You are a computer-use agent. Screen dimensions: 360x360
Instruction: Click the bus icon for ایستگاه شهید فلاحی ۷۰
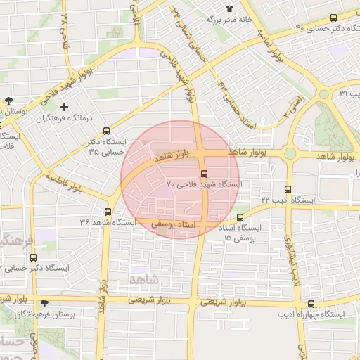click(x=205, y=173)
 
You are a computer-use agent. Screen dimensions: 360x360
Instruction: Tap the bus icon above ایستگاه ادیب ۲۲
click(x=288, y=189)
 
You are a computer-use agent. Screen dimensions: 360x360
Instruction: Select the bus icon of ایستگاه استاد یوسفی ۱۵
click(x=240, y=218)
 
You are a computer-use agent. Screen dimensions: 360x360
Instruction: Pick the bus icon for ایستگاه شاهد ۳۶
click(x=108, y=212)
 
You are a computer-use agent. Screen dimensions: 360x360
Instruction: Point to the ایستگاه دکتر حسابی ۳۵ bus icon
click(x=106, y=131)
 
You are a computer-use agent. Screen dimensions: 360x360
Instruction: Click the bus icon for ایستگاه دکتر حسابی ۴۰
click(x=334, y=18)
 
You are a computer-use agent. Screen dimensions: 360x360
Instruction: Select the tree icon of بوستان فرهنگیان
click(x=45, y=302)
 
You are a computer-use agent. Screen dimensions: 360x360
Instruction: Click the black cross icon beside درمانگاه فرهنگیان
click(x=65, y=107)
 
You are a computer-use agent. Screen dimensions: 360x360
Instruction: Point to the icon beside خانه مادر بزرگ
click(x=229, y=8)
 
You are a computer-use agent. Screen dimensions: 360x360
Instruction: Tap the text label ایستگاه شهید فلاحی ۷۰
click(x=204, y=184)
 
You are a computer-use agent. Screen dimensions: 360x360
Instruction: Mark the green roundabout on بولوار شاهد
click(x=290, y=153)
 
